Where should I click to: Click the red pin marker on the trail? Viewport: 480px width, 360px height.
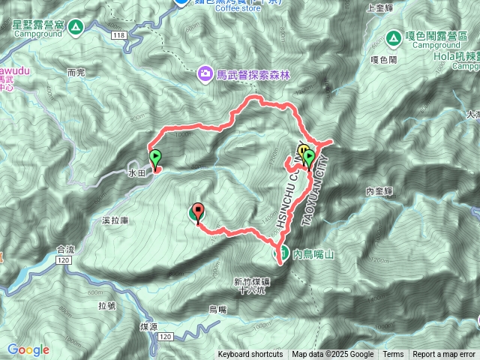(198, 212)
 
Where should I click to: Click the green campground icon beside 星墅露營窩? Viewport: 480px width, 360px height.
(76, 28)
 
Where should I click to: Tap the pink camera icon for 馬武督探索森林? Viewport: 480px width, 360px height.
(204, 73)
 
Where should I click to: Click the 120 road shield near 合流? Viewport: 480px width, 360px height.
(63, 259)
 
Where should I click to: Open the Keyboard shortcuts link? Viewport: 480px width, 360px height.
(250, 355)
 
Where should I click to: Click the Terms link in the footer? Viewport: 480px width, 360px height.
(393, 355)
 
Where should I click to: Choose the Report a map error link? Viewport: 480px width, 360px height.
(445, 355)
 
